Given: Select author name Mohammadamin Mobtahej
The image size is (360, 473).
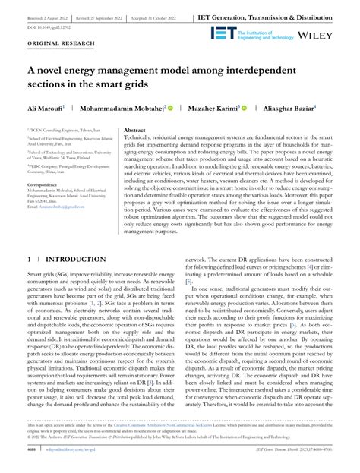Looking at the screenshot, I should click(122, 109).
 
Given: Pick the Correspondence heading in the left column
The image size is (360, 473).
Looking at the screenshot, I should click(48, 205).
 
